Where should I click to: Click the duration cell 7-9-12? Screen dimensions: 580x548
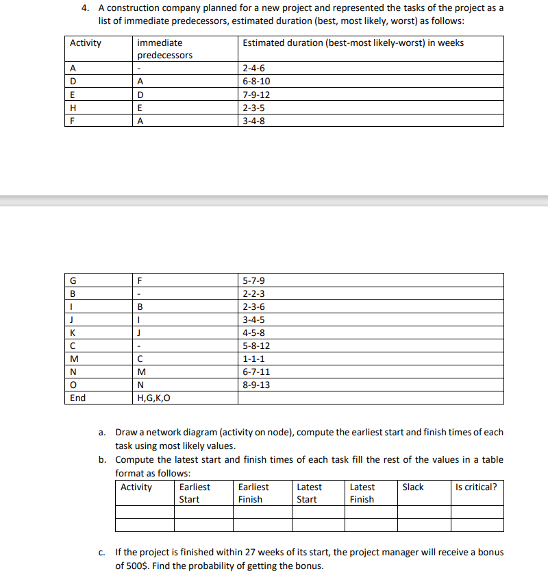257,95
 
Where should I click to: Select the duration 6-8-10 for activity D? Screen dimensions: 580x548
257,82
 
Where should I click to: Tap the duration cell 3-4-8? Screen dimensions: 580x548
253,121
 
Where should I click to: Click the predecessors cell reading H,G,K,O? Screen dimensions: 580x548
154,398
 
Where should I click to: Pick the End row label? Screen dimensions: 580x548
78,398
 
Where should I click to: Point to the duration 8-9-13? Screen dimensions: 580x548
257,385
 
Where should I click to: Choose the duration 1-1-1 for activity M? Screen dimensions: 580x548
253,359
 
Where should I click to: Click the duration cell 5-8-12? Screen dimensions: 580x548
257,346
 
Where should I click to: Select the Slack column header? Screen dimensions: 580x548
413,487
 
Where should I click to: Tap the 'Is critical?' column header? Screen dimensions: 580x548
476,487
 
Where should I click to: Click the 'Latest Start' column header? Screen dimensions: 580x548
309,493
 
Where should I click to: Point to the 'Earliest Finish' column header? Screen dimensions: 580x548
253,493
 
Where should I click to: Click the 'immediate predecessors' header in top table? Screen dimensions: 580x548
165,49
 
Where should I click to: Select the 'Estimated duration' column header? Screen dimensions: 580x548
353,43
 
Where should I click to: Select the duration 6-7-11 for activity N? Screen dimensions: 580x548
257,372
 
